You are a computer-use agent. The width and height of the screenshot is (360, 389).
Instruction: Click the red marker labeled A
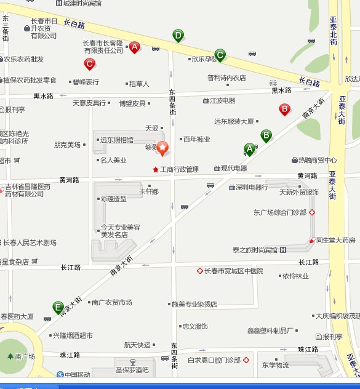click(x=134, y=46)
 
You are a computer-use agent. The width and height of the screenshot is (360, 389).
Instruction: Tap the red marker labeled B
click(x=284, y=109)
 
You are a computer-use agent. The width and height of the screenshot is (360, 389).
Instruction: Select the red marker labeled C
click(x=90, y=63)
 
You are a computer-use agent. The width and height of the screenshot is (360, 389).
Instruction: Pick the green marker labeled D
click(x=178, y=36)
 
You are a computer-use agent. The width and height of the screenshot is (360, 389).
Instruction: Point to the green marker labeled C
click(x=220, y=55)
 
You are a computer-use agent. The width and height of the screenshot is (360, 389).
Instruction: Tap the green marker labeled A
click(x=250, y=148)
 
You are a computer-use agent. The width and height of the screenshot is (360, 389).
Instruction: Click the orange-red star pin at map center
click(x=162, y=148)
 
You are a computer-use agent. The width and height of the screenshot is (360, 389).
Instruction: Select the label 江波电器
click(x=223, y=100)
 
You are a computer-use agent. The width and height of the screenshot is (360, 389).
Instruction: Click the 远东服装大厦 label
click(x=234, y=121)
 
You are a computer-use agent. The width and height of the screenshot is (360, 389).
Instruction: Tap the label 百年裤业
click(x=199, y=139)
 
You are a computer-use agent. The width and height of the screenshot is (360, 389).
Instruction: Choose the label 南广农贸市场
click(x=111, y=302)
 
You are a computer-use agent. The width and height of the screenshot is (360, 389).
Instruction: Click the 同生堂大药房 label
click(x=335, y=240)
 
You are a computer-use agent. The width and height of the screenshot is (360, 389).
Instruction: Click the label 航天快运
click(x=137, y=345)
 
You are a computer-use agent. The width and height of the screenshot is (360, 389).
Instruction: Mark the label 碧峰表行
click(x=86, y=82)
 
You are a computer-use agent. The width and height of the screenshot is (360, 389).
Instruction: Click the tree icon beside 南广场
click(x=10, y=356)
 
